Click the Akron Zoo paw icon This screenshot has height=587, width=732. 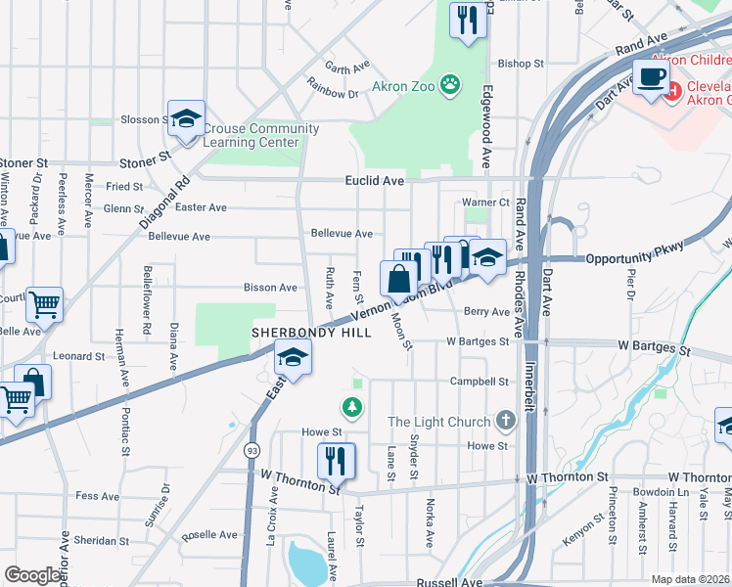tap(450, 84)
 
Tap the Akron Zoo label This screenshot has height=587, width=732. tap(403, 85)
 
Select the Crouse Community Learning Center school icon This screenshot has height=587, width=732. tap(186, 119)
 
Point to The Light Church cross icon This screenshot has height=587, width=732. tap(505, 422)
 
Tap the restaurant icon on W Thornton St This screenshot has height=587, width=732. tap(337, 460)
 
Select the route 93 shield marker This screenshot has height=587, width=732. tap(252, 450)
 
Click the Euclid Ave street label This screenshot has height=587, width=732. tap(374, 181)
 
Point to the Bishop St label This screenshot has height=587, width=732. tap(520, 64)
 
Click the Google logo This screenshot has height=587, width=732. tap(32, 575)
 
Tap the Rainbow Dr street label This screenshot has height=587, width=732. tap(332, 94)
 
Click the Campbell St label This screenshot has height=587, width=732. tap(480, 382)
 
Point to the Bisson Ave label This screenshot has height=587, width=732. tap(269, 288)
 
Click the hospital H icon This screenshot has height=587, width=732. tap(672, 93)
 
